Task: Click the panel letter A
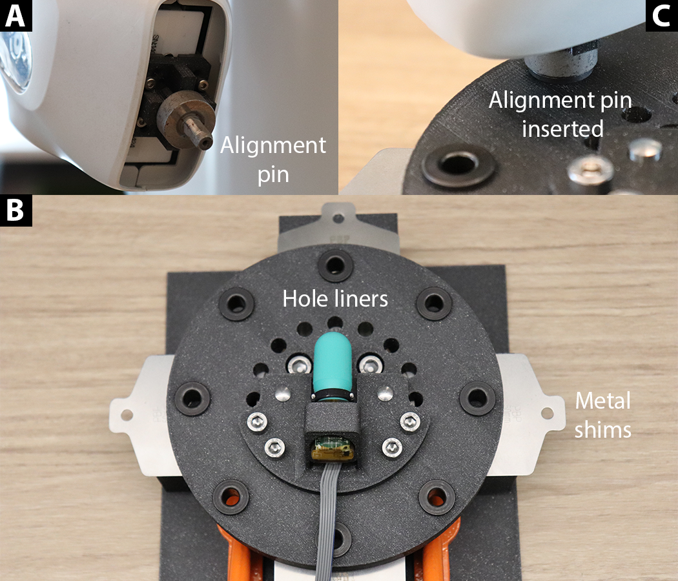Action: (15, 16)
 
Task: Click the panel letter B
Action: (15, 210)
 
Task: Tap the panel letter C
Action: (661, 16)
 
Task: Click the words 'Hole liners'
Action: (335, 299)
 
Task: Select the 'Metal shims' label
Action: (602, 415)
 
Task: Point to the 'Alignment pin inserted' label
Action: (561, 114)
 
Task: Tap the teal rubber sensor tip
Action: (332, 360)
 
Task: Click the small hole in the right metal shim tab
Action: (547, 413)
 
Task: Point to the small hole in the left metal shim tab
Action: (127, 415)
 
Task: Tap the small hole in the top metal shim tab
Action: (338, 218)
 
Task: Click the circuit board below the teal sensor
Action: (333, 448)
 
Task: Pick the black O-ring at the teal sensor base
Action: (333, 394)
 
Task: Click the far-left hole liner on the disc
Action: (192, 397)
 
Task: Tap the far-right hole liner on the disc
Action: (477, 397)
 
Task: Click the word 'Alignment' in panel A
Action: (273, 146)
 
